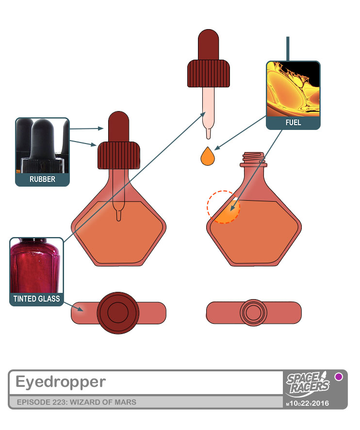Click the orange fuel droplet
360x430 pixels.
pos(208,157)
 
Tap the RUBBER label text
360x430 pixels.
pos(42,179)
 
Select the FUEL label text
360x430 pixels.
pos(293,123)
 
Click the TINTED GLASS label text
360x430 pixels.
pos(36,299)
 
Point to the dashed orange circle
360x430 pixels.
pos(224,207)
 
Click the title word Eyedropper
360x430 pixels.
pos(60,382)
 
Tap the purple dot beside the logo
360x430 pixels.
pos(339,377)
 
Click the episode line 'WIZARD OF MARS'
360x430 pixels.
pos(76,402)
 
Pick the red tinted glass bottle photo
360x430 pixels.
pos(36,265)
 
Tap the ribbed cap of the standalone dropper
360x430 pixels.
pos(208,73)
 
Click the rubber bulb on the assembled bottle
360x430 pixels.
pos(118,127)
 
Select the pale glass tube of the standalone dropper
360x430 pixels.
pos(208,109)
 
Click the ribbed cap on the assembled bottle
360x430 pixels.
pos(119,155)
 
